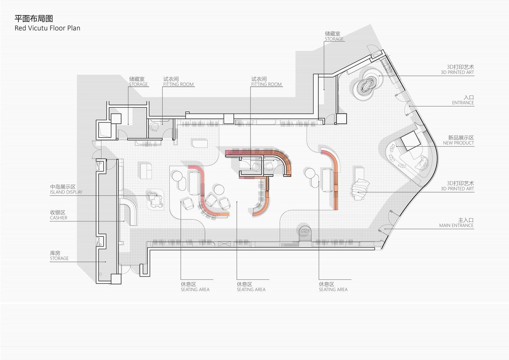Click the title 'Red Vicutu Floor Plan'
pyautogui.click(x=48, y=28)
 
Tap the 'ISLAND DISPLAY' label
pyautogui.click(x=66, y=192)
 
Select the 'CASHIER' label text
pyautogui.click(x=59, y=218)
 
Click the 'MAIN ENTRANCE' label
pyautogui.click(x=456, y=225)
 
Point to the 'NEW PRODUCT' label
pyautogui.click(x=458, y=143)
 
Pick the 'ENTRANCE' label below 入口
pyautogui.click(x=463, y=103)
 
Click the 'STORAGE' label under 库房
pyautogui.click(x=59, y=258)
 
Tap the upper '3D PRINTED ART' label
pyautogui.click(x=458, y=72)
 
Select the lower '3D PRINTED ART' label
pyautogui.click(x=458, y=189)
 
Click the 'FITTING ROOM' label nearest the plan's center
pyautogui.click(x=266, y=84)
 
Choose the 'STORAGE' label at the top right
pyautogui.click(x=334, y=39)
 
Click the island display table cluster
pyautogui.click(x=155, y=199)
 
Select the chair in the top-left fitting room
pyautogui.click(x=155, y=127)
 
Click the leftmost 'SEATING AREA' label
pyautogui.click(x=195, y=289)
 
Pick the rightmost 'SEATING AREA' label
pyautogui.click(x=333, y=289)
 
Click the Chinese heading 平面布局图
pyautogui.click(x=34, y=19)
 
